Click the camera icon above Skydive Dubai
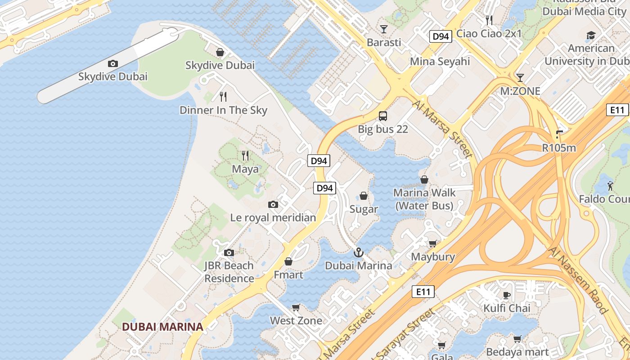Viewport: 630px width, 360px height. point(112,64)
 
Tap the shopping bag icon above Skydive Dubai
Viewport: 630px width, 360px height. point(220,53)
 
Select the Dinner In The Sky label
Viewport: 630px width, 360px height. point(223,110)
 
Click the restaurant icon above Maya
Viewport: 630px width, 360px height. point(245,156)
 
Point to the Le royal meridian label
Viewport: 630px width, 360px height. point(273,218)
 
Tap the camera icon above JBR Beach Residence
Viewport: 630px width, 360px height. point(229,252)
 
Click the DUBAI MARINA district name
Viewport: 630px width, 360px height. point(163,327)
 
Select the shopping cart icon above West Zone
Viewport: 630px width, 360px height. point(296,308)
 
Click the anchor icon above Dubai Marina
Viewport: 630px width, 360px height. point(358,252)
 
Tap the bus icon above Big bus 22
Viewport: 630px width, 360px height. point(383,116)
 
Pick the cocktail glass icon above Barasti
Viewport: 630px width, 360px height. point(383,29)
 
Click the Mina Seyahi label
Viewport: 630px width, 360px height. point(440,62)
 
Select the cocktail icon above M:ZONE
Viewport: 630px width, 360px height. point(520,78)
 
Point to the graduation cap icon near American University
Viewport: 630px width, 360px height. point(591,35)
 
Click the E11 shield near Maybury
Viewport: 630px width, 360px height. point(423,292)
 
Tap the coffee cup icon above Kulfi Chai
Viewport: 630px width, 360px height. point(507,295)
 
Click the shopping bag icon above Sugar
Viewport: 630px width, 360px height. point(364,196)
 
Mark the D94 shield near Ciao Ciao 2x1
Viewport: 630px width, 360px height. point(440,36)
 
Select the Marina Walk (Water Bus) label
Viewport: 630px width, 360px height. point(424,199)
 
